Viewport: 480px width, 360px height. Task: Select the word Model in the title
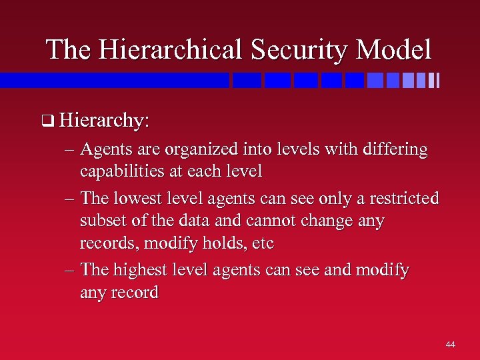tap(393, 49)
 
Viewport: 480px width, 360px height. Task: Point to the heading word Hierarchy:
tap(104, 121)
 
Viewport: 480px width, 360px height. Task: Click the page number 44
tap(450, 344)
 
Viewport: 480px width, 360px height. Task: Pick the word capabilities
tap(122, 171)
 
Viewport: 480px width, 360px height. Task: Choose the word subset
tap(101, 220)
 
